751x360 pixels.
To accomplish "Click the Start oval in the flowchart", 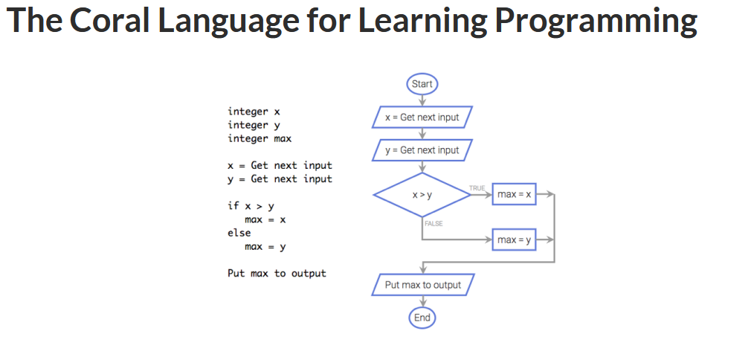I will (x=422, y=84).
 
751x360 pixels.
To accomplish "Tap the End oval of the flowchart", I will (x=422, y=318).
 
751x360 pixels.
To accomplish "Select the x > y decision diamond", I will (x=422, y=195).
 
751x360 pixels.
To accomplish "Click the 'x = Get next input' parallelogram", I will (x=422, y=118).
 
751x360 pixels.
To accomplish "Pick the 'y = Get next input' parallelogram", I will (x=422, y=150).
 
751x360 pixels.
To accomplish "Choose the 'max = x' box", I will (x=514, y=194).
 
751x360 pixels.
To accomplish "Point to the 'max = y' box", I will (x=514, y=240).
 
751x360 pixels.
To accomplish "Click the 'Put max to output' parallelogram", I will (x=422, y=285).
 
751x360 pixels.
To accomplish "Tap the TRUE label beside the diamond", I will (x=477, y=187).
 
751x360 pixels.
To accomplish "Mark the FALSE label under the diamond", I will (x=434, y=223).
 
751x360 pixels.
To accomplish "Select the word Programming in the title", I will (x=596, y=22).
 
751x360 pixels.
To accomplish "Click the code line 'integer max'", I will (x=260, y=138).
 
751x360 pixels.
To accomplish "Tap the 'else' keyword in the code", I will (x=239, y=233).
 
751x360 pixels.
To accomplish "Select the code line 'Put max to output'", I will (x=277, y=274).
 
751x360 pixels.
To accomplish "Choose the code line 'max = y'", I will (x=265, y=247).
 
